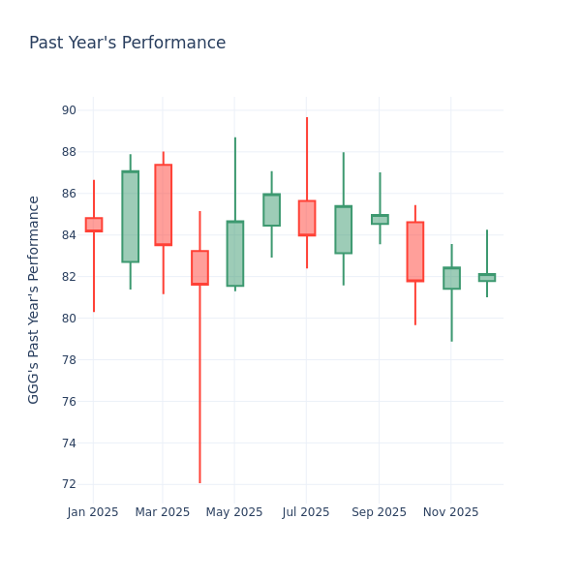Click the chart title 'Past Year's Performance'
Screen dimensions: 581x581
[x=127, y=44]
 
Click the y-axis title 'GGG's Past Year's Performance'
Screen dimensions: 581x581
[x=34, y=299]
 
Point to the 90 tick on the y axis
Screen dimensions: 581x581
[x=69, y=110]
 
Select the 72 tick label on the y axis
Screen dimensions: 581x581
[x=69, y=484]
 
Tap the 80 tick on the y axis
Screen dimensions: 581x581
[x=69, y=319]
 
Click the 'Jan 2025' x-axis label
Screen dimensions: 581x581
[x=93, y=512]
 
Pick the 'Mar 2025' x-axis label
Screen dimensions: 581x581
[x=163, y=512]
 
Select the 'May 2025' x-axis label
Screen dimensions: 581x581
[x=234, y=512]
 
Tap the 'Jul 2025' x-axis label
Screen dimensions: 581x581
[x=306, y=512]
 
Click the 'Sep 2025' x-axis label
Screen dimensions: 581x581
[x=380, y=512]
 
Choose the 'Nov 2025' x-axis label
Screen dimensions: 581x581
[x=451, y=512]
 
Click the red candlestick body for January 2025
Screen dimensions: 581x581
[x=94, y=225]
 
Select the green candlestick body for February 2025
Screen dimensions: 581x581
[x=130, y=217]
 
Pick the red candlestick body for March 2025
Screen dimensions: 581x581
[x=163, y=204]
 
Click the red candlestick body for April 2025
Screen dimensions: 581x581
[x=199, y=267]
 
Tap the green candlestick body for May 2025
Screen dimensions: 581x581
[x=235, y=254]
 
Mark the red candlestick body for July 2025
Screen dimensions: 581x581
[x=307, y=218]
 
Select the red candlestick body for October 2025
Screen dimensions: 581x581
[x=414, y=252]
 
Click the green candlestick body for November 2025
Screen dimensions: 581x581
[x=451, y=278]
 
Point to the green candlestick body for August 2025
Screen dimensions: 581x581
[x=343, y=229]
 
